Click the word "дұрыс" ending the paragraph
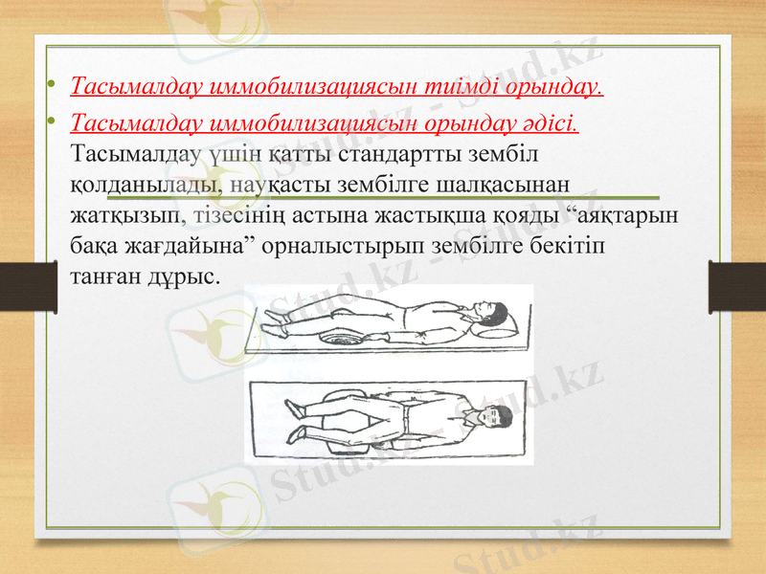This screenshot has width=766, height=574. tap(191, 276)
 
